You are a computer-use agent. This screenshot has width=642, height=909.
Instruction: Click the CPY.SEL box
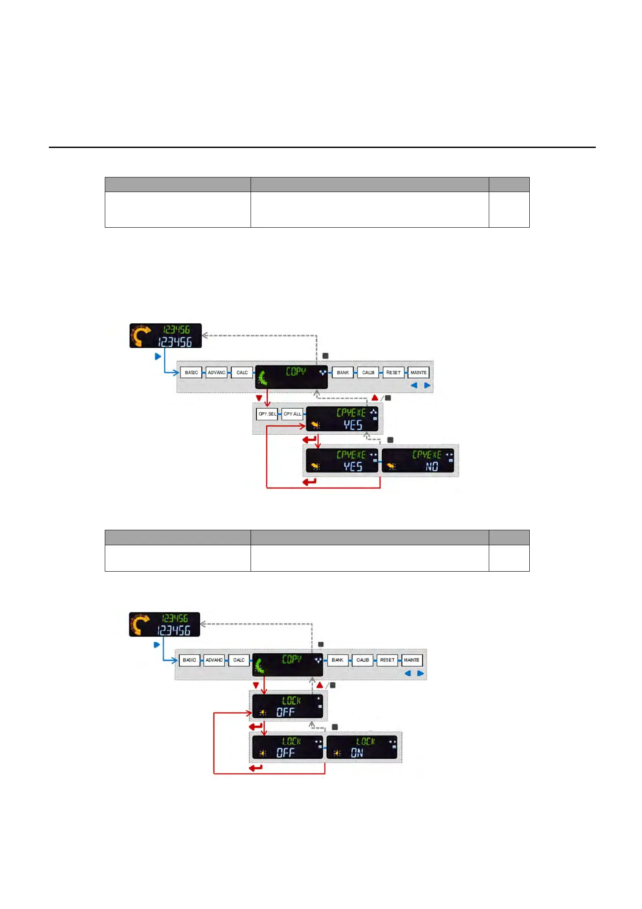pos(267,414)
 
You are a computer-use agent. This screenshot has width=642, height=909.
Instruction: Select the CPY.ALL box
pos(292,414)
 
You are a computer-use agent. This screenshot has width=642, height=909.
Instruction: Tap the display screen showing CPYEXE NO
pos(417,461)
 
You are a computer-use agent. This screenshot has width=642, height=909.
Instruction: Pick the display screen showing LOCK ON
pos(362,747)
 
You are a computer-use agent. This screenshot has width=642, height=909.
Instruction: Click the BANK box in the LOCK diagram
pos(337,660)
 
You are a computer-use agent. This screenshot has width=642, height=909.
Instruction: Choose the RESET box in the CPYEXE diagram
pos(393,373)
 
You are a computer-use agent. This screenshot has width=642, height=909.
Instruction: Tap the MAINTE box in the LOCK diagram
pos(412,660)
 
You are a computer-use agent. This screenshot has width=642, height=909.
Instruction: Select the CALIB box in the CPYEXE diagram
pos(368,373)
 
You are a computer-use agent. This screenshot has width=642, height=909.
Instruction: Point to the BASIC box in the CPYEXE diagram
pos(191,373)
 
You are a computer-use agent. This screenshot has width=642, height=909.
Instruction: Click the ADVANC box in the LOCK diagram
pos(214,660)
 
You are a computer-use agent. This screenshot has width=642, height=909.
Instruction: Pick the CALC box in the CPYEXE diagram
pos(242,373)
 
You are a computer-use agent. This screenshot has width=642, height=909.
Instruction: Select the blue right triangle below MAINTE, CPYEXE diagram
pos(427,385)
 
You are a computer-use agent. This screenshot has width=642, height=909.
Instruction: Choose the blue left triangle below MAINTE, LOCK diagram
pos(408,673)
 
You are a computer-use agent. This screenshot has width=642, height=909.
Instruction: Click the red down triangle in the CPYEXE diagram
pos(259,398)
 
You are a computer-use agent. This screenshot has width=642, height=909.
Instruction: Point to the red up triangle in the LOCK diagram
pos(320,685)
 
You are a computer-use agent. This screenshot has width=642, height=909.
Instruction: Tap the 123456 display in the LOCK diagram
pos(164,624)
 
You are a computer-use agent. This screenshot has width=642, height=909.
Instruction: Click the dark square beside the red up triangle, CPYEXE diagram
pos(388,398)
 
